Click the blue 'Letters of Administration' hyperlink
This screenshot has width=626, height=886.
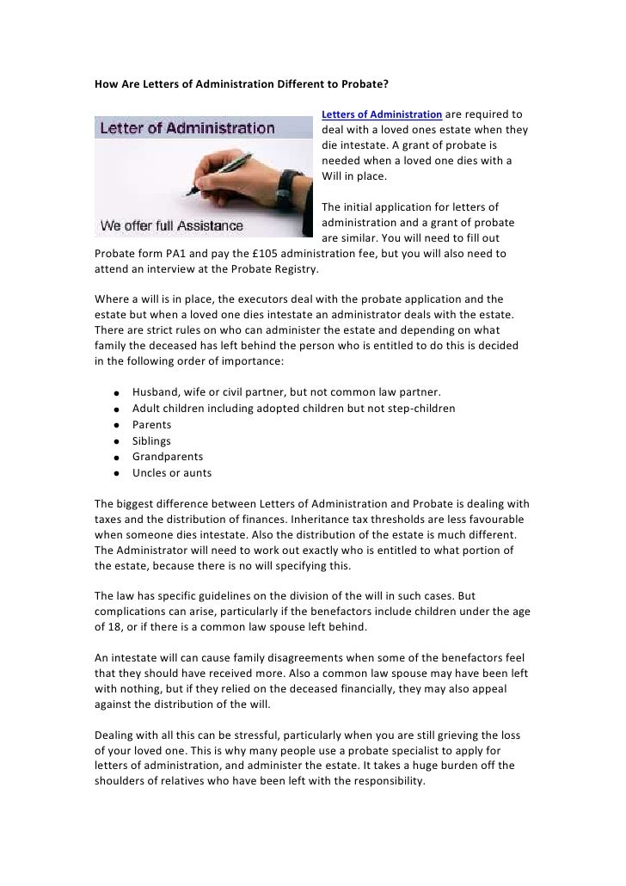pos(381,114)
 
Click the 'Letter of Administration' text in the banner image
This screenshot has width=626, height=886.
pos(188,130)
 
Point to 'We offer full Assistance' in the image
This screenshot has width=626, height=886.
pos(172,227)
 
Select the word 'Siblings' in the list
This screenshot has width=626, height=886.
pos(151,440)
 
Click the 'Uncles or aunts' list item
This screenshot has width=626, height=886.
pos(171,472)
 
